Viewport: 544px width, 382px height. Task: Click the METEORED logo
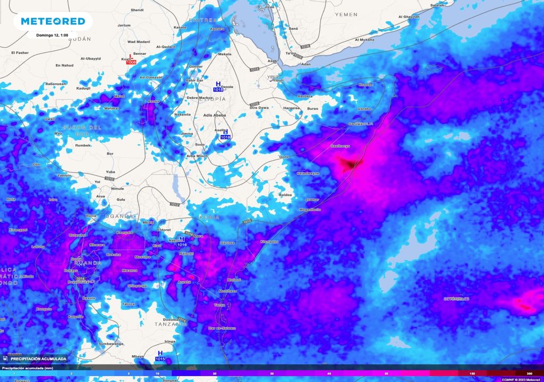point(53,21)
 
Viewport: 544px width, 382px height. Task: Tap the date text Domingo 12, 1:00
point(53,35)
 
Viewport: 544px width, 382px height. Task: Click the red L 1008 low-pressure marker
point(131,59)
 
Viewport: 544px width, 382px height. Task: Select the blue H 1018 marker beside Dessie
point(218,86)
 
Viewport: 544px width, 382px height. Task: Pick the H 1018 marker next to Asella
point(225,135)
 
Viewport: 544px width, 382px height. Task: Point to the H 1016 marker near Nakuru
point(182,242)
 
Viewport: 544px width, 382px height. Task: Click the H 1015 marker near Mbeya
point(160,356)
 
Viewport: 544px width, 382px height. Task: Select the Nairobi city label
point(186,254)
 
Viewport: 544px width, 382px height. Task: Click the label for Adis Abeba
point(215,115)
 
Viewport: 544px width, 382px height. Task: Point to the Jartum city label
point(124,25)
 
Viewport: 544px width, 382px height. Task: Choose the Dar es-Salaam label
point(223,328)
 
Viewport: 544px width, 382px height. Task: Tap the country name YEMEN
point(346,14)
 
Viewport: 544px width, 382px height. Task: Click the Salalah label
point(437,5)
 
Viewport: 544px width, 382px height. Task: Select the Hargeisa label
point(292,108)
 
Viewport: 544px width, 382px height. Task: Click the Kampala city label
point(125,232)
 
